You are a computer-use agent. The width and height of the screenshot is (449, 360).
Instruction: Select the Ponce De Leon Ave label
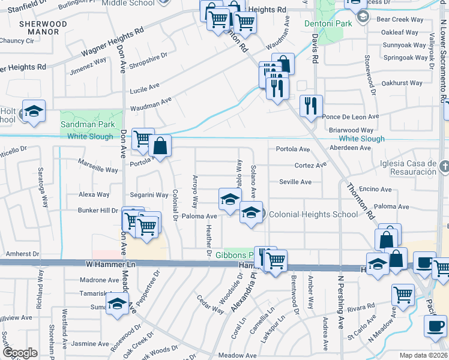351,116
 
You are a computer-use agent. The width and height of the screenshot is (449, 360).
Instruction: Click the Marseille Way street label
99,170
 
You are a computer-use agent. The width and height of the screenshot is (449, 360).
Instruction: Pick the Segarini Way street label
149,195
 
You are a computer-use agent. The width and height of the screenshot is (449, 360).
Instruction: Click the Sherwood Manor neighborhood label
43,28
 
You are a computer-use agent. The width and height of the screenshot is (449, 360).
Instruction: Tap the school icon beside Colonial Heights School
251,211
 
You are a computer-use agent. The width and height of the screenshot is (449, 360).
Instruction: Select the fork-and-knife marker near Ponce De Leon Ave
310,106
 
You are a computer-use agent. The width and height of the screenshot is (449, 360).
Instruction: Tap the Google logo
19,353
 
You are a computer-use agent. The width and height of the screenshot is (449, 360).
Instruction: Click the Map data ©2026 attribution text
423,355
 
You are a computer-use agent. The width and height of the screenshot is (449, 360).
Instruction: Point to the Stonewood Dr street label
369,75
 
